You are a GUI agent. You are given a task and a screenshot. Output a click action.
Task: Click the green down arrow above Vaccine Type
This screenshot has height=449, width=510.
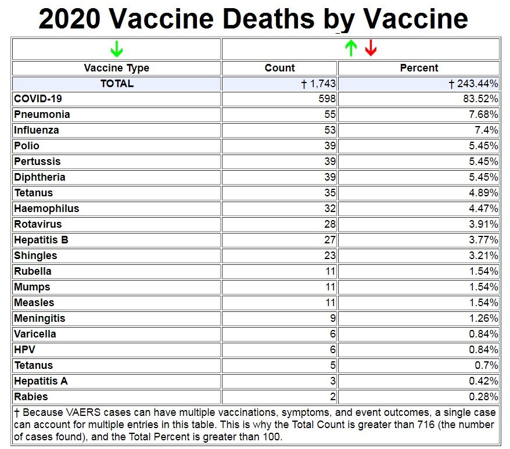click(x=116, y=49)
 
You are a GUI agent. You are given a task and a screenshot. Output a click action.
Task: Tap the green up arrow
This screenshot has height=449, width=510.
click(x=350, y=48)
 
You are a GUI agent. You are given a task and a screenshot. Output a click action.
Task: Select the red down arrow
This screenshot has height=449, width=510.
click(x=371, y=48)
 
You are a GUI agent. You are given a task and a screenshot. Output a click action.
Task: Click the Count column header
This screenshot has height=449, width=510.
click(x=279, y=68)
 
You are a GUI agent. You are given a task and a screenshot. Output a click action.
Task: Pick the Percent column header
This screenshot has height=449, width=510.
click(x=419, y=68)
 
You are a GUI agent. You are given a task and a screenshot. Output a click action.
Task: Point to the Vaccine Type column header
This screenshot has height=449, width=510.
click(x=116, y=68)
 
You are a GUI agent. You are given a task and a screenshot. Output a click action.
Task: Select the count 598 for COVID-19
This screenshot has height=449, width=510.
click(x=327, y=99)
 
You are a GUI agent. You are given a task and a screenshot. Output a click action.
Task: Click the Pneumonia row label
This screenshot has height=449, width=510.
click(x=42, y=114)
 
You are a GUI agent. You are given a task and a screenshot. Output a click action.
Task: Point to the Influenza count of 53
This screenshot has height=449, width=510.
click(x=330, y=130)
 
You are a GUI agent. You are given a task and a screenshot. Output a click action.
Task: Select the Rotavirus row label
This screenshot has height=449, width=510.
click(x=38, y=224)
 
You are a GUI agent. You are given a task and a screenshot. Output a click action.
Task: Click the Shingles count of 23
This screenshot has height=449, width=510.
click(x=330, y=256)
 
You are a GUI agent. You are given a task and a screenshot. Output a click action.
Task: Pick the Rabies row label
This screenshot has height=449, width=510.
click(x=31, y=397)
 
